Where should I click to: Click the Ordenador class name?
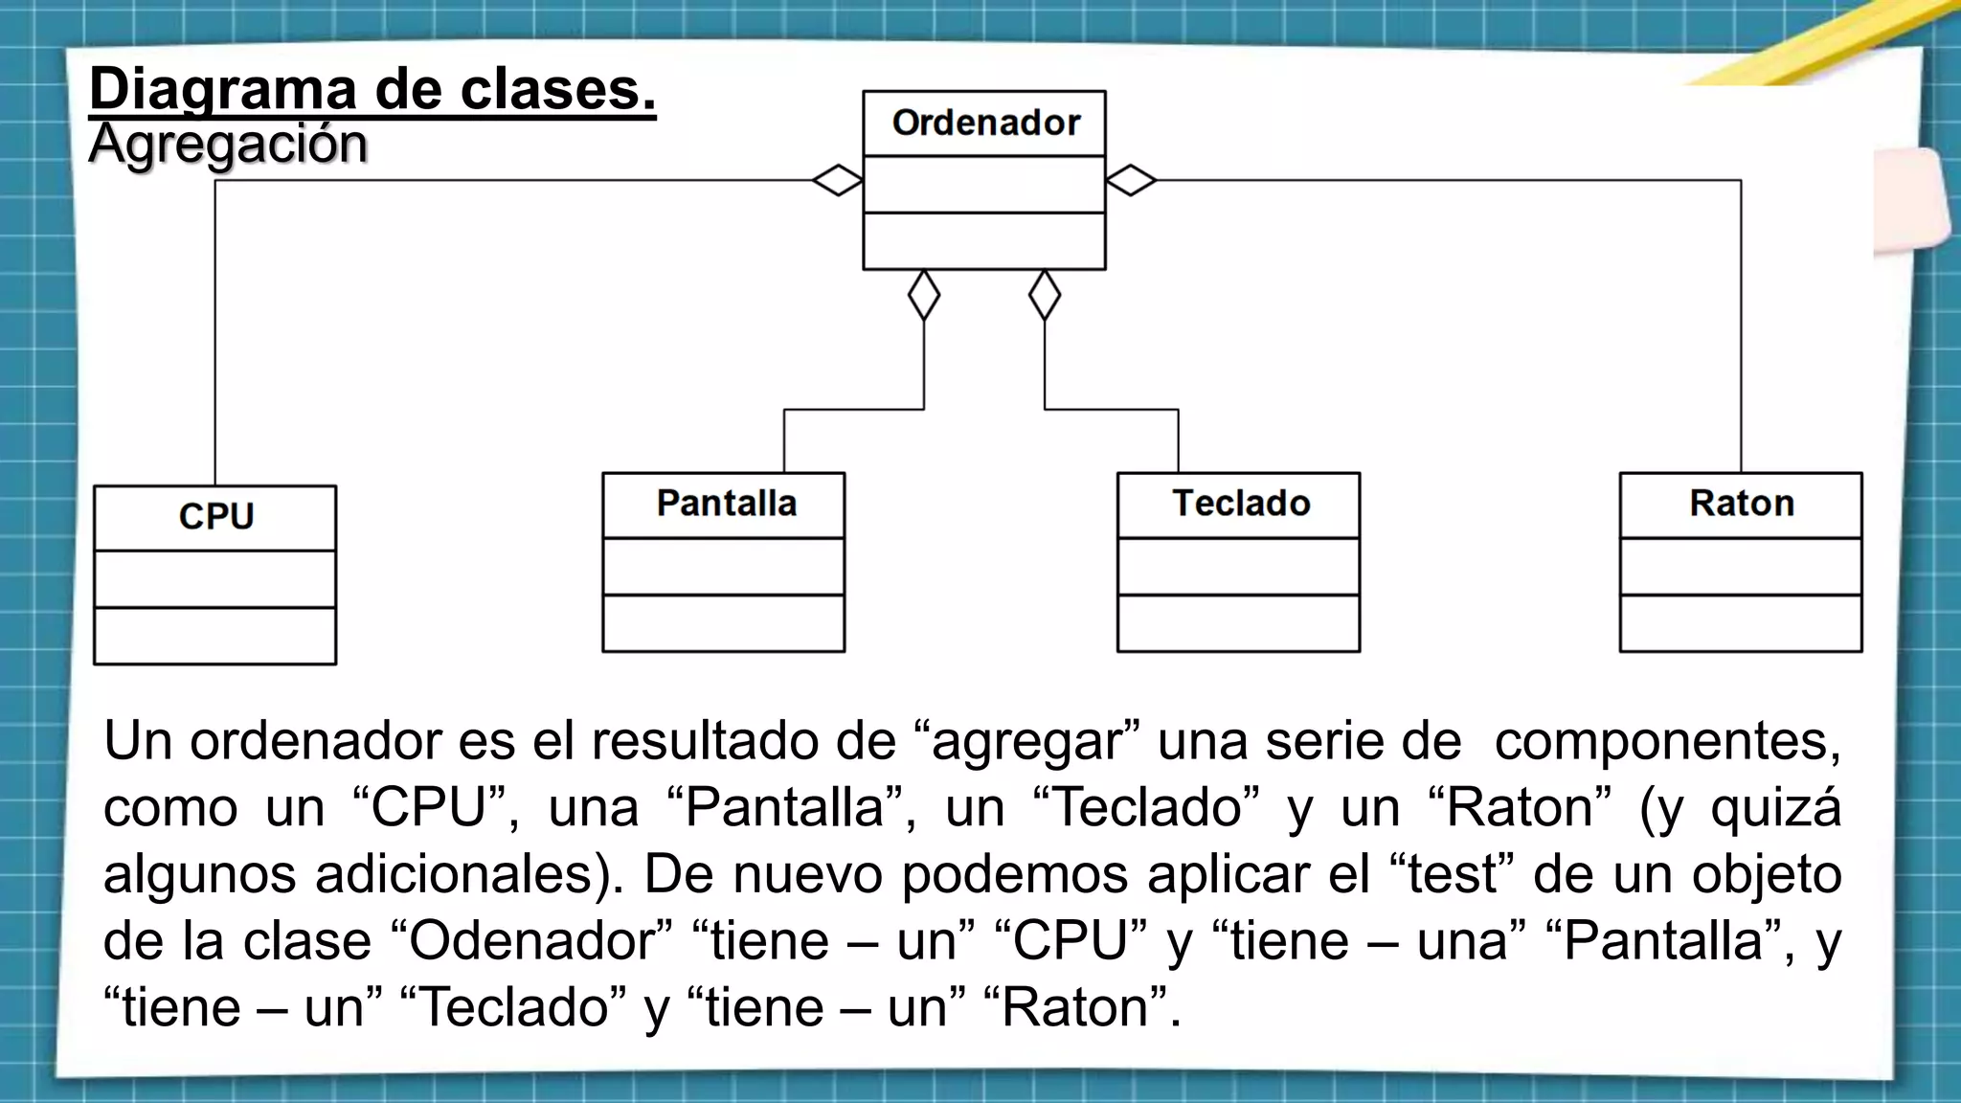985,124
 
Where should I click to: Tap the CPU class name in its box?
216,517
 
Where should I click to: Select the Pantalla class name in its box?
726,504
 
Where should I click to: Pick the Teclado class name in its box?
1241,504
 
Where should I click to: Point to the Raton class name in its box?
1742,504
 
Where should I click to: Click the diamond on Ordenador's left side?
838,180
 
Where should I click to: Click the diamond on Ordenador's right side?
1131,180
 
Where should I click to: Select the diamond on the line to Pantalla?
924,295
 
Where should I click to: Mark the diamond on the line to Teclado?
1045,295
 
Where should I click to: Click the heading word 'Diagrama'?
222,89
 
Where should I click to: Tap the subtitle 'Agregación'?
228,145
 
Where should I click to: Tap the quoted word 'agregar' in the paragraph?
1026,743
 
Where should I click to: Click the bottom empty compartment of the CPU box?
215,636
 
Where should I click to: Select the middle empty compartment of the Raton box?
1741,567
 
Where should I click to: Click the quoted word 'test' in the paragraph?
1452,874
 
